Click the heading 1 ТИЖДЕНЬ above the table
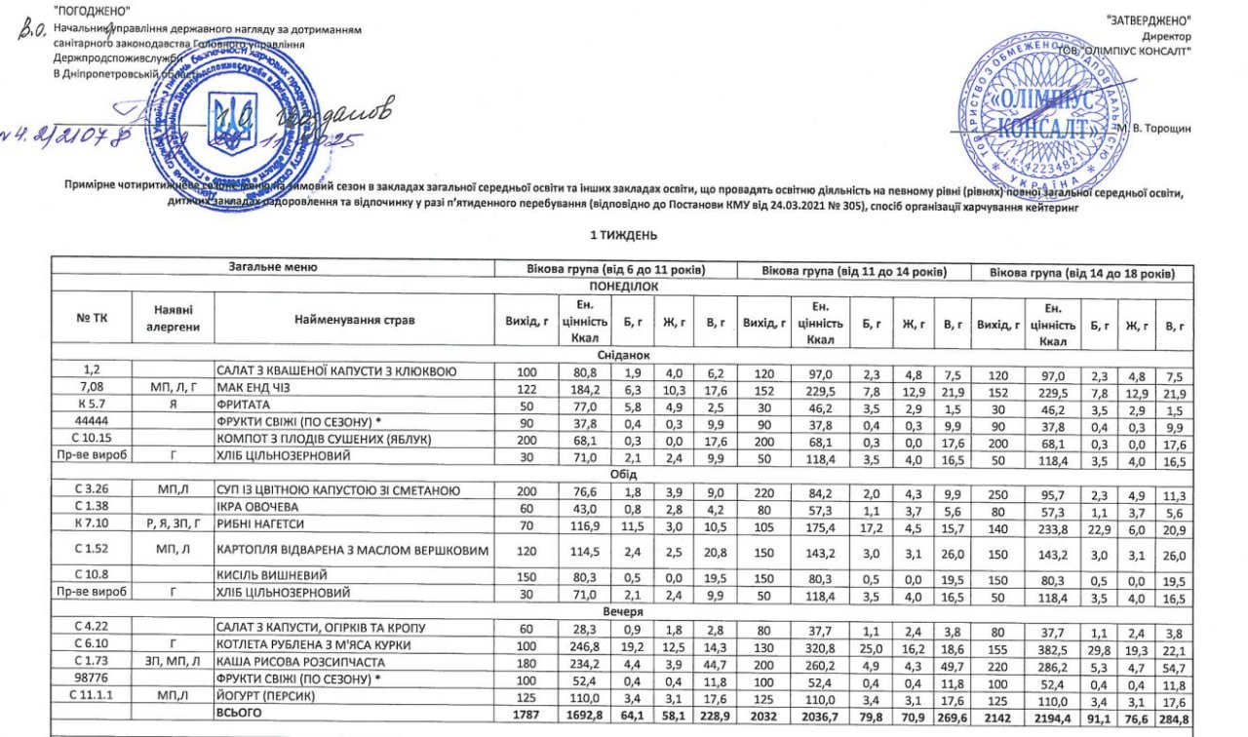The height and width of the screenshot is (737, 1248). point(624,235)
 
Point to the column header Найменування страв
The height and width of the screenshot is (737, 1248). point(354,320)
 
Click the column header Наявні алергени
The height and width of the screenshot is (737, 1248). point(172,320)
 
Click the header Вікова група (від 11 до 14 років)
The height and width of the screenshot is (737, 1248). point(855,269)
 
